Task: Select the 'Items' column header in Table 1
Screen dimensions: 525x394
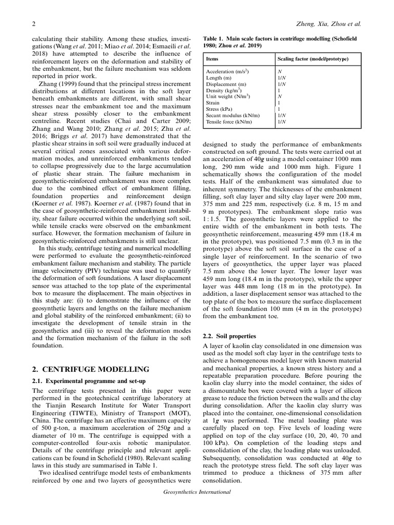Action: (x=212, y=59)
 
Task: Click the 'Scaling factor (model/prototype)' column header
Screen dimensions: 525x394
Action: (x=313, y=59)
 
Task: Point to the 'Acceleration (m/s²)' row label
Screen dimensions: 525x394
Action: (x=227, y=72)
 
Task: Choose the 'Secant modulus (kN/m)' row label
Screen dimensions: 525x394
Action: (x=231, y=115)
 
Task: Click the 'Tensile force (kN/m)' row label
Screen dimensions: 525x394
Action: (x=229, y=122)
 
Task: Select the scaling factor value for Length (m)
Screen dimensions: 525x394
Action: (x=282, y=78)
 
